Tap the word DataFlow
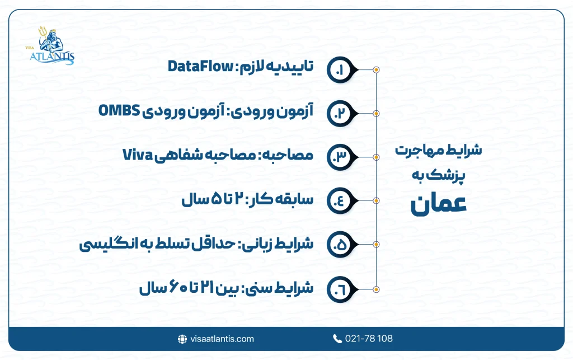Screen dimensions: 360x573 point(200,68)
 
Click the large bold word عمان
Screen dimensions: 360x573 point(438,204)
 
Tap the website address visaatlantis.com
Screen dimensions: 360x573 point(222,339)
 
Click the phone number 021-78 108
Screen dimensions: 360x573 point(368,339)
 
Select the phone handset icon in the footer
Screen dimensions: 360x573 point(337,339)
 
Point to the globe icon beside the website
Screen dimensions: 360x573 point(182,339)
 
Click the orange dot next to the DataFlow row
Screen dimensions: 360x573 point(376,69)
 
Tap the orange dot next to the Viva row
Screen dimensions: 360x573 point(376,157)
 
